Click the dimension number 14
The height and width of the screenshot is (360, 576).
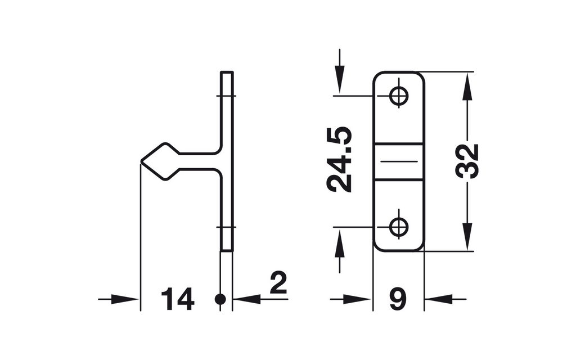(177, 299)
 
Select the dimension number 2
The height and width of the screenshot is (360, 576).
(278, 283)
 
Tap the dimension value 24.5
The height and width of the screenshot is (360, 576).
(339, 160)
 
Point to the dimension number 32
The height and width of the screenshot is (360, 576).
(467, 161)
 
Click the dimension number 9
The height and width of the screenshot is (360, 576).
(398, 299)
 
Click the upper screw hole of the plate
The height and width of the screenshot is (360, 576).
(399, 96)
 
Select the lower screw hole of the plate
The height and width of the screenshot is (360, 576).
(399, 227)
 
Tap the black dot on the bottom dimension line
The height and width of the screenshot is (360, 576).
(220, 299)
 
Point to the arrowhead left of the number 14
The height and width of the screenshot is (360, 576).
(125, 299)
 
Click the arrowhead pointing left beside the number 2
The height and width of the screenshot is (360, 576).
(247, 299)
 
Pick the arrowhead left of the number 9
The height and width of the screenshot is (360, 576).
(358, 299)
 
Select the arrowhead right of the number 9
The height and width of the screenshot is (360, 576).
(439, 299)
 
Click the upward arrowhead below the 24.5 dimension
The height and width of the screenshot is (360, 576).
(340, 242)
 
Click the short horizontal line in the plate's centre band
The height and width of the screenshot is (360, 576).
(399, 161)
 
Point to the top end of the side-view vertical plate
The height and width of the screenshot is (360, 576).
(227, 71)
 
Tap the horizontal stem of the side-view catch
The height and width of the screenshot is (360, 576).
(199, 161)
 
